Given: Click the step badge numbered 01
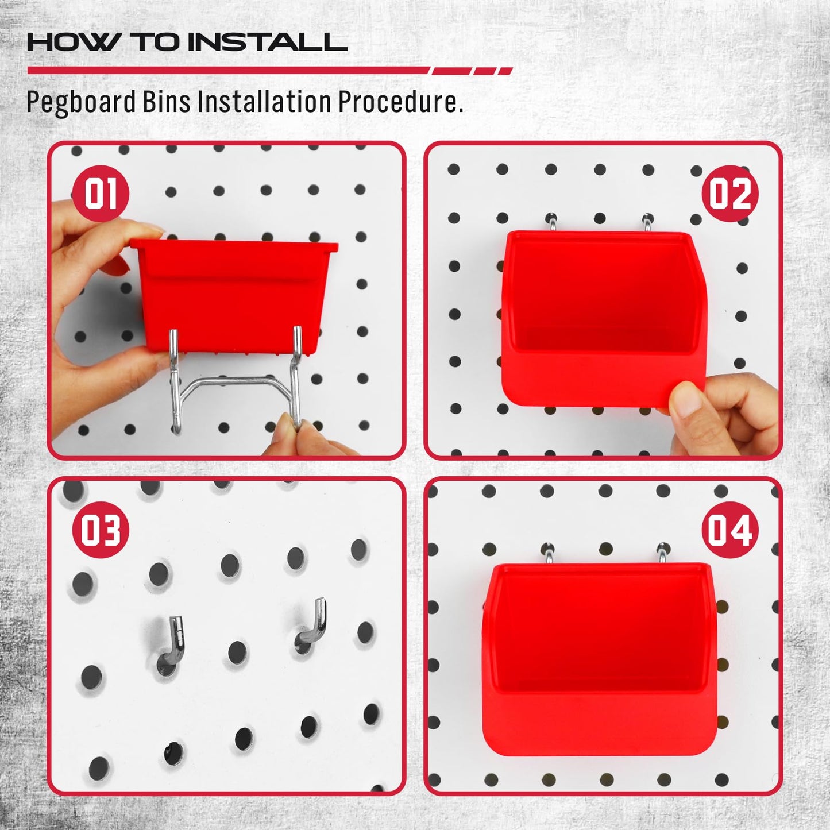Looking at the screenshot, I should (x=101, y=194).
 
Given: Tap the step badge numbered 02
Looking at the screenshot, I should (x=729, y=194).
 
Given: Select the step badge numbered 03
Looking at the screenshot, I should (x=101, y=530).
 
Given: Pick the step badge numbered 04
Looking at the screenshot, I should (x=729, y=530).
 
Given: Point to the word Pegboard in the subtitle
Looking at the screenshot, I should (x=81, y=103).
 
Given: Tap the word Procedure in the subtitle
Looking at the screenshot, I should (x=399, y=103).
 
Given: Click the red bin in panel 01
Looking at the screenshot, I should (x=233, y=293).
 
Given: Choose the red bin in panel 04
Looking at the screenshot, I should (x=597, y=655).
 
